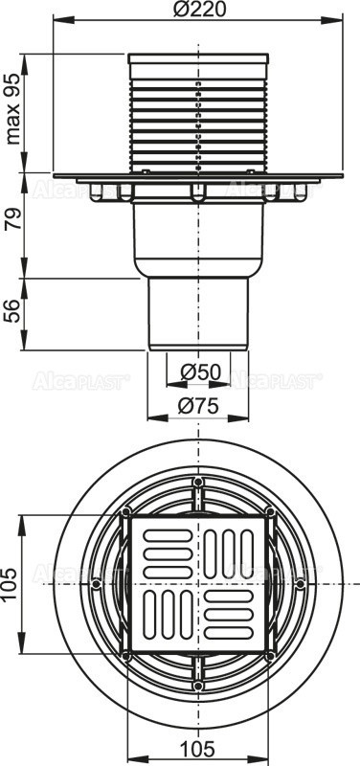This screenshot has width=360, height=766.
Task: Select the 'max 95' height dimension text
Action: point(13,112)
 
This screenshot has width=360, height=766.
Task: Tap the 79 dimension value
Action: point(13,227)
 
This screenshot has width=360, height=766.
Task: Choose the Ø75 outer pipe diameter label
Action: point(198,406)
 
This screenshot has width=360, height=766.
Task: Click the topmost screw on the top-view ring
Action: point(198,481)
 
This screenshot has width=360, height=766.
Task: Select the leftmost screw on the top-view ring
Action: point(97,582)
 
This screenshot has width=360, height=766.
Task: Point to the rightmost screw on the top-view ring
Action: point(300,582)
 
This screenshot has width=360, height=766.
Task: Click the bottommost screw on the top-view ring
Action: point(198,685)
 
